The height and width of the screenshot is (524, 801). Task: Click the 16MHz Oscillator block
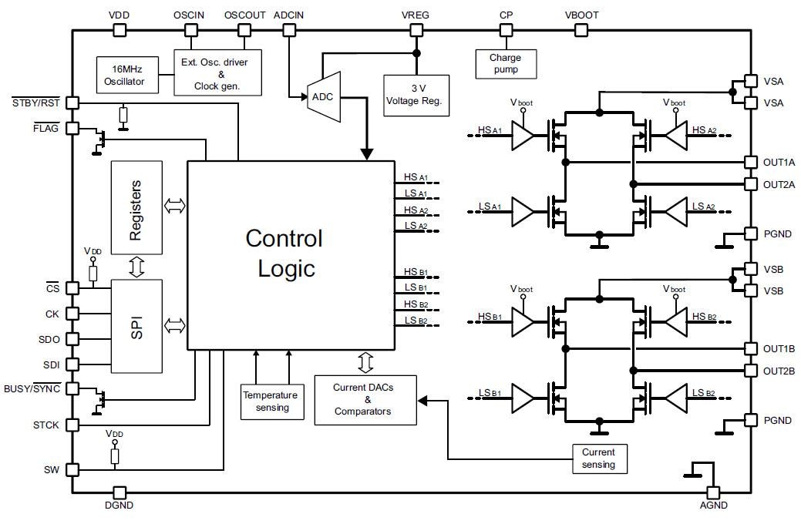coord(124,76)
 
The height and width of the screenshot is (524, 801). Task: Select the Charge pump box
coord(507,64)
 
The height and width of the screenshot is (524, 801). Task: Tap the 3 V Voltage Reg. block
coord(416,95)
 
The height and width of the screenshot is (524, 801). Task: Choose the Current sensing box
coord(599,458)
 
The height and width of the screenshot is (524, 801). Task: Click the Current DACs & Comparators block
coord(365,399)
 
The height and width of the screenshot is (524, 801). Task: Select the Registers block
coord(136,207)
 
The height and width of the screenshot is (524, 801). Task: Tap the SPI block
coord(136,326)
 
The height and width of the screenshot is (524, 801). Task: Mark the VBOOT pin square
coord(581,30)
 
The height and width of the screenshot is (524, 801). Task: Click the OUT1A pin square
coord(750,162)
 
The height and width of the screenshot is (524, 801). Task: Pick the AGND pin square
coord(712,492)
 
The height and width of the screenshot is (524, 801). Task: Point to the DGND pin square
coord(119,492)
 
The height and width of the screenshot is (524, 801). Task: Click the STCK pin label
coord(45,425)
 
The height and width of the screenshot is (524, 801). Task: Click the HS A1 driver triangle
coord(523,137)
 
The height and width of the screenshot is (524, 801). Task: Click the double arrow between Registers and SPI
coord(136,267)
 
